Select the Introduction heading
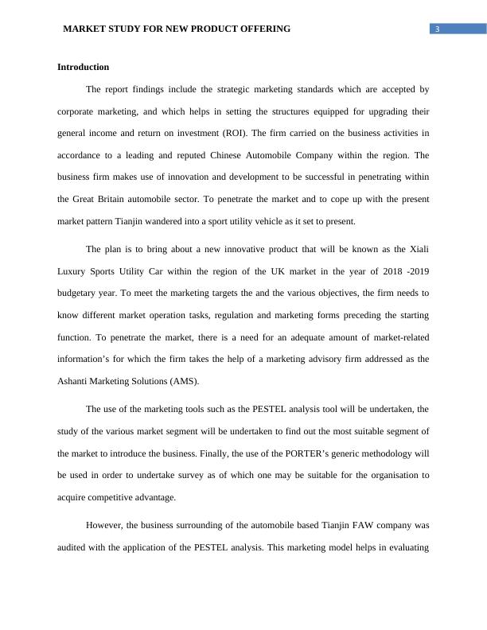83,67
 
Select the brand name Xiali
418,250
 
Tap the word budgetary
78,294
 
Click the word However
105,525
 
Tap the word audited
73,547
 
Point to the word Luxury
72,272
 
